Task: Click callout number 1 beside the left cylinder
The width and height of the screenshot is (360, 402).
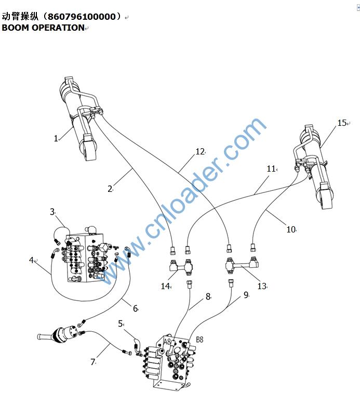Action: [x=56, y=138]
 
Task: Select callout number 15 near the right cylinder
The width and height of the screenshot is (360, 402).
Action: [x=342, y=123]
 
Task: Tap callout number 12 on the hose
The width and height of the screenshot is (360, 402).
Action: [x=200, y=152]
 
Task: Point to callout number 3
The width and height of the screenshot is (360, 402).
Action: [x=52, y=212]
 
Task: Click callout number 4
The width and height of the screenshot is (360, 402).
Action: [x=31, y=260]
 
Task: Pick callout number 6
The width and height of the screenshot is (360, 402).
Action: [x=135, y=308]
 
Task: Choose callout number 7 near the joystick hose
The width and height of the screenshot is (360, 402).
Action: [x=93, y=362]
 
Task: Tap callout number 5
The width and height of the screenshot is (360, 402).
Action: [x=121, y=323]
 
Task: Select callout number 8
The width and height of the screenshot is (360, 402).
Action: [x=208, y=296]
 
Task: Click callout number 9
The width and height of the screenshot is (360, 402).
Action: [x=246, y=295]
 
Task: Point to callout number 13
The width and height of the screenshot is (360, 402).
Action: [x=262, y=287]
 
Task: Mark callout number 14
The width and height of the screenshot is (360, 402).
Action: [x=165, y=286]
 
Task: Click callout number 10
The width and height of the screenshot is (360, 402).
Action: [x=290, y=229]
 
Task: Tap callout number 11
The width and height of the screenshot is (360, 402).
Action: [x=271, y=169]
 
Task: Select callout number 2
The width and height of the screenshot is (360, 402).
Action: [x=110, y=189]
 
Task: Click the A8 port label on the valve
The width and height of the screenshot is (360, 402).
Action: [x=168, y=342]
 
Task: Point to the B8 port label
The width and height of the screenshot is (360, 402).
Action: [x=199, y=340]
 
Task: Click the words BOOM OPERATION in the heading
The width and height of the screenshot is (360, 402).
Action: [x=43, y=28]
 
